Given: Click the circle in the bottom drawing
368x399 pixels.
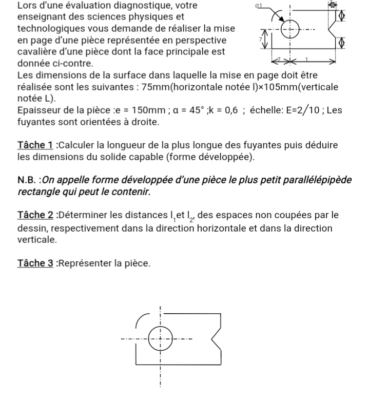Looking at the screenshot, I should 160,338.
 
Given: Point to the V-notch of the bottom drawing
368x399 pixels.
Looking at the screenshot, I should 216,338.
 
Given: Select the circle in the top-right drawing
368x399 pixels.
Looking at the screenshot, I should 290,27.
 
